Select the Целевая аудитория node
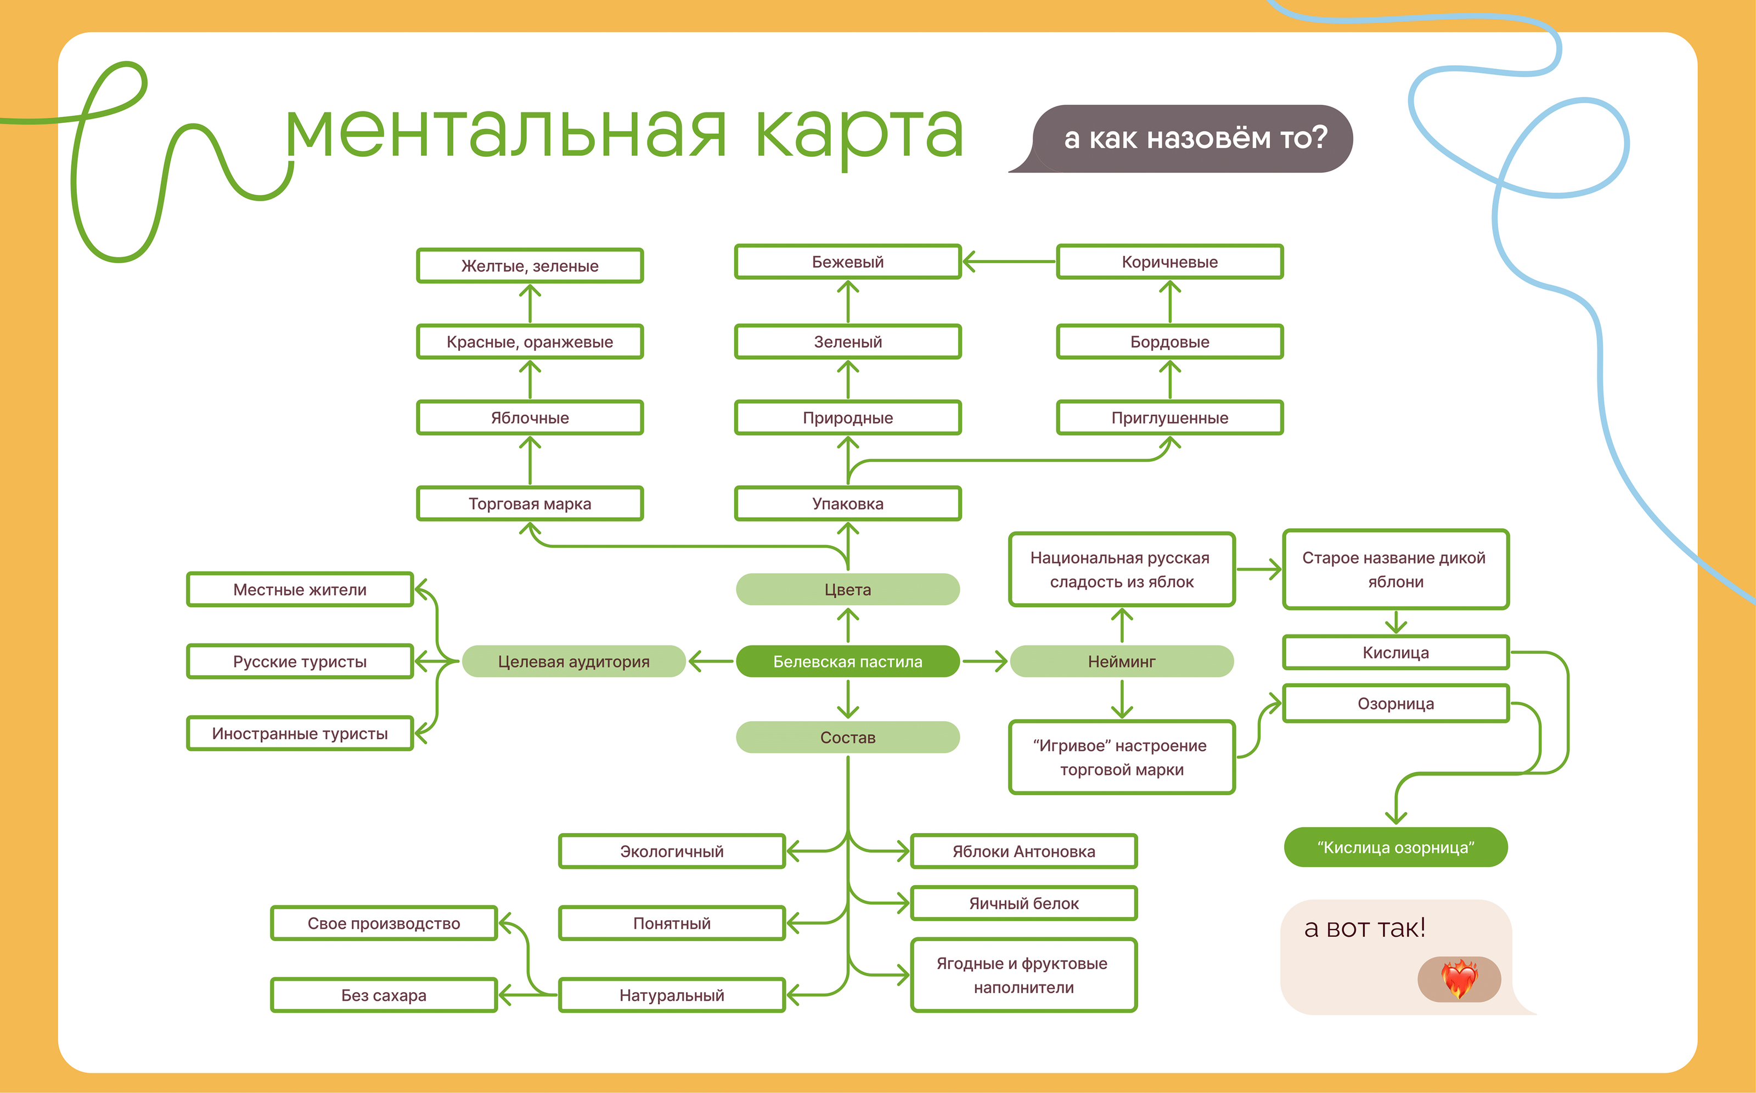click(573, 661)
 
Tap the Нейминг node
click(1121, 661)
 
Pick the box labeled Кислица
click(1395, 652)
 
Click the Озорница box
click(1395, 704)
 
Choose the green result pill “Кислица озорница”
click(1395, 847)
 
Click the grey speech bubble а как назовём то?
click(1195, 138)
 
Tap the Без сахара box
click(384, 995)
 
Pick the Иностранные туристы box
click(300, 733)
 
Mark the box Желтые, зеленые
click(530, 265)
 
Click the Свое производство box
click(384, 923)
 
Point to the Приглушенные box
click(1169, 417)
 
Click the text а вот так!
click(1364, 928)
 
